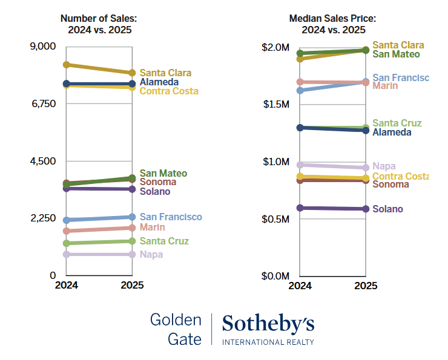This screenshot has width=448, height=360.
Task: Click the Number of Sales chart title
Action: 100,24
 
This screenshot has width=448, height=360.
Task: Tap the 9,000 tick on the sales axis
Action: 43,47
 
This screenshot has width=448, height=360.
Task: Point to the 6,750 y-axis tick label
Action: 43,104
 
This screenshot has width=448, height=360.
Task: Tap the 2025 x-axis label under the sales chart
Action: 132,286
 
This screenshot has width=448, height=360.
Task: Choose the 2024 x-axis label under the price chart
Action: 300,286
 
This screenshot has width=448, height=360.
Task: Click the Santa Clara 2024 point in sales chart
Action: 67,65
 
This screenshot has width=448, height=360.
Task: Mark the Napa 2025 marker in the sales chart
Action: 132,254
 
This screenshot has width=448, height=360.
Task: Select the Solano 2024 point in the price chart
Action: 300,208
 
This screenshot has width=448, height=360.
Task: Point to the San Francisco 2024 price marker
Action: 300,90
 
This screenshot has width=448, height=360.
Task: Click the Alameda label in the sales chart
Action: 159,82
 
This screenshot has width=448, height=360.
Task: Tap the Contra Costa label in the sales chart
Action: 169,91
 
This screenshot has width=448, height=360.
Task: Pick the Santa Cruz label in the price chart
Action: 397,123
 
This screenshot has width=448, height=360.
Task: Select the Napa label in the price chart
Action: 384,166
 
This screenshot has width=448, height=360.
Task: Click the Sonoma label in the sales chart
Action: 158,182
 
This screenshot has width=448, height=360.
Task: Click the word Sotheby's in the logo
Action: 268,324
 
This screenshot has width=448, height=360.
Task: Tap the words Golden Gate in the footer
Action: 176,329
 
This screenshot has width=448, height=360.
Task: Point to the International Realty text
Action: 268,342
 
